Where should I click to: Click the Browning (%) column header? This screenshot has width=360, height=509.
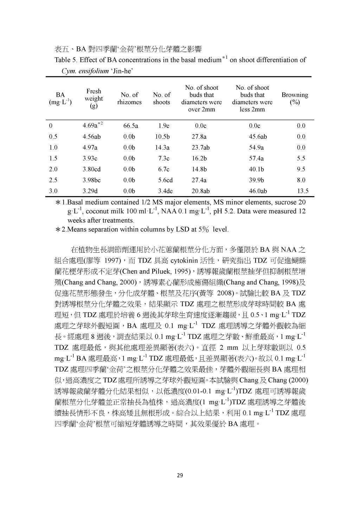point(295,98)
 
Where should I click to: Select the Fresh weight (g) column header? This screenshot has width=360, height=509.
point(94,98)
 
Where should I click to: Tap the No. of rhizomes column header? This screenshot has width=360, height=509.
point(129,98)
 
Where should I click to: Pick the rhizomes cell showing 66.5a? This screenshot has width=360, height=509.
point(130,126)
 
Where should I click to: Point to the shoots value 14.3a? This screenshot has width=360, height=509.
point(162,148)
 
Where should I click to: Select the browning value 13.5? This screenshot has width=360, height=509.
point(303,191)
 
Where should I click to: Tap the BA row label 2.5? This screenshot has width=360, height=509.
point(53,180)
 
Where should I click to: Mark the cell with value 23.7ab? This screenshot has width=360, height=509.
point(201,148)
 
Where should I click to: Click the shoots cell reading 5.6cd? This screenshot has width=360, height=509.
point(165,180)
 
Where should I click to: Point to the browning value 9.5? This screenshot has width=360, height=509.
point(301,169)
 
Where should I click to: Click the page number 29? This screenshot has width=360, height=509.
point(180,476)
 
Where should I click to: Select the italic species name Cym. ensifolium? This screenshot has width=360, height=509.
point(85,71)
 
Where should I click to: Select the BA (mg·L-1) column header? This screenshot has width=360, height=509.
point(60,98)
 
